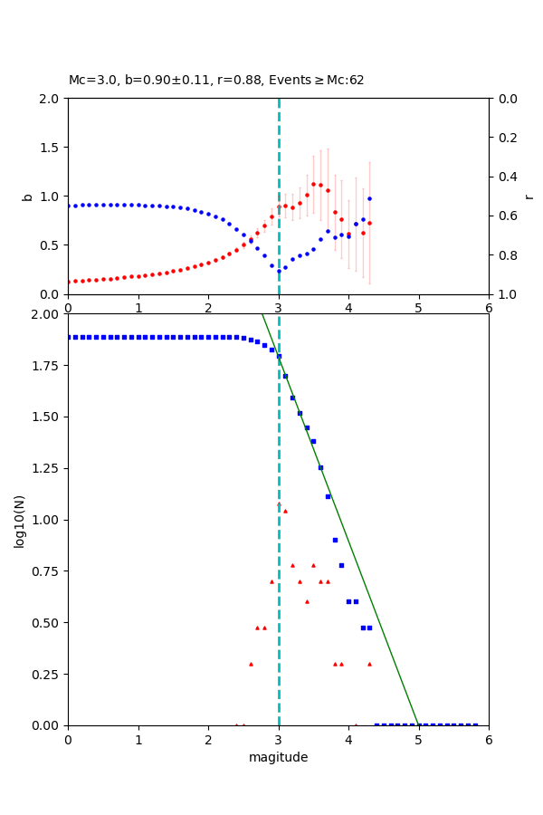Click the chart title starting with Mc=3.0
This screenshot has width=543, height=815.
(x=216, y=81)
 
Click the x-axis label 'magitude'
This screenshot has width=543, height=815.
(x=278, y=757)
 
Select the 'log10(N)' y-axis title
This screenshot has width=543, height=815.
(x=19, y=520)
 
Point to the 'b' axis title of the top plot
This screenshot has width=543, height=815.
(x=27, y=196)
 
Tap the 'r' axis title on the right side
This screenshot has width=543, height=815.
(x=529, y=196)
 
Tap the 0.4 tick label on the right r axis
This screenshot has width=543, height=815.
(x=504, y=177)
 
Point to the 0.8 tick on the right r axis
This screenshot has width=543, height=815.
(x=504, y=255)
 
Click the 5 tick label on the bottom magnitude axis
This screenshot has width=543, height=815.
(x=419, y=738)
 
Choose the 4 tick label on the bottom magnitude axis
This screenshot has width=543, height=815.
(x=348, y=738)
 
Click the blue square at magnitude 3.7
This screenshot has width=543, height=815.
(x=328, y=496)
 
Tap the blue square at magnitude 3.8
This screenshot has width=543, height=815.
(x=335, y=540)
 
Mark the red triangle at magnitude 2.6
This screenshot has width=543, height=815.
(x=251, y=664)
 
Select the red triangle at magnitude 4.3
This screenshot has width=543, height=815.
(x=369, y=664)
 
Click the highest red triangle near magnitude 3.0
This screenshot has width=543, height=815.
(x=279, y=503)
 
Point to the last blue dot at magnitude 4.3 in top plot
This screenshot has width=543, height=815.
(x=369, y=198)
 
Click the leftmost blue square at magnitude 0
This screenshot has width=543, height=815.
(x=69, y=337)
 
